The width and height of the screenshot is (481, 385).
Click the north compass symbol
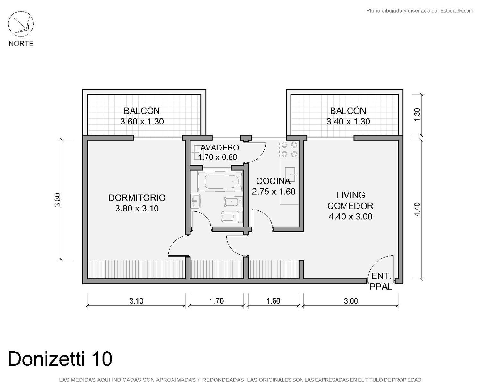coord(21,24)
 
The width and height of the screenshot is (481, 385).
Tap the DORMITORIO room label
coord(137,198)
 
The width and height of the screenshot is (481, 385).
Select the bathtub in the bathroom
coord(220,181)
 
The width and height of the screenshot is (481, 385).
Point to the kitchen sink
coord(290,174)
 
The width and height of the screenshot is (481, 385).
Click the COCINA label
coord(273,181)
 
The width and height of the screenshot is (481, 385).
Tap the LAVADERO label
coord(217,148)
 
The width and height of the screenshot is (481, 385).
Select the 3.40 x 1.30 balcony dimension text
coord(348,122)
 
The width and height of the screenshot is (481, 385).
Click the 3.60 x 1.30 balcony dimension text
coord(142,122)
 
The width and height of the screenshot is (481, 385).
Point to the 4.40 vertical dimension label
coord(417,210)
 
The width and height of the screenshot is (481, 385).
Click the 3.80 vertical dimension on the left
coord(58,200)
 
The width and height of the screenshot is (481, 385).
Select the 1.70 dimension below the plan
coord(216,301)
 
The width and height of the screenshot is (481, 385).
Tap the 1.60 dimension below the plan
coord(273,301)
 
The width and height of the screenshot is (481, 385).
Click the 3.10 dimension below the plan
coord(136,301)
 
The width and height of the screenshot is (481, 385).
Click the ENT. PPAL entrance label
coord(381,281)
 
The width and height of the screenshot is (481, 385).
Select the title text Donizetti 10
coord(60,359)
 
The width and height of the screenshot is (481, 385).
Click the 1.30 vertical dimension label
coord(417,115)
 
